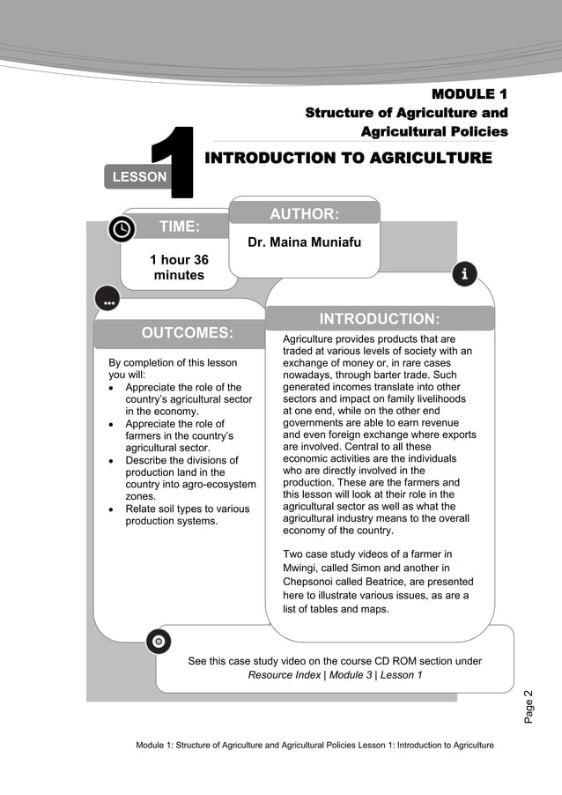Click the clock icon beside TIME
[x=122, y=228]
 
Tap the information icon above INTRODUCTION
[x=464, y=274]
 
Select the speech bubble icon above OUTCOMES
[x=107, y=300]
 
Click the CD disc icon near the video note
[x=158, y=642]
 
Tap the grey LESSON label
[x=136, y=176]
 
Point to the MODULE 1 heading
[x=470, y=93]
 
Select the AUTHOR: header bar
[x=304, y=213]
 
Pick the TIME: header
[x=179, y=227]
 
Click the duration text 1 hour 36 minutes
[x=179, y=267]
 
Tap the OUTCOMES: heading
[x=187, y=332]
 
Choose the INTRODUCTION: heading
[x=380, y=318]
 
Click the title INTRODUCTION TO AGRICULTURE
[x=348, y=158]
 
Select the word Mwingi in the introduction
[x=301, y=568]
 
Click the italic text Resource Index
[x=285, y=675]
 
